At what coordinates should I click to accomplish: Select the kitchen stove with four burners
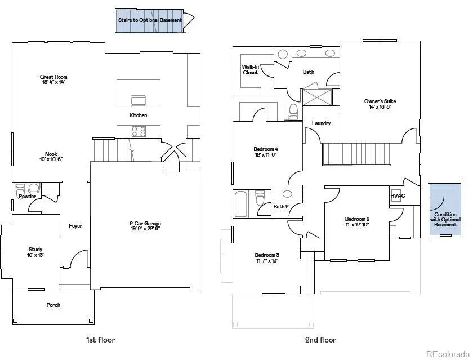(139, 131)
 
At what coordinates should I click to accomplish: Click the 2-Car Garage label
(145, 224)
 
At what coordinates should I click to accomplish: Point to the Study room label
(35, 250)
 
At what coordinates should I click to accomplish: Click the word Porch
(53, 305)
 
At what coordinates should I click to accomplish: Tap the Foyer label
(75, 226)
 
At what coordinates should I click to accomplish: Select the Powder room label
(27, 197)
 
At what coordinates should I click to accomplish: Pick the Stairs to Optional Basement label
(150, 20)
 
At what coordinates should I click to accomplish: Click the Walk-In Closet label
(250, 69)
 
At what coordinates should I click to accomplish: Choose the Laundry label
(321, 123)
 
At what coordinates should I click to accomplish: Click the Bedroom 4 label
(266, 149)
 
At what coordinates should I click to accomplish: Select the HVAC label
(398, 195)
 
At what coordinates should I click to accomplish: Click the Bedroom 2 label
(357, 219)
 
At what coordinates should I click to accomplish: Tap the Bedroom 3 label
(267, 255)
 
